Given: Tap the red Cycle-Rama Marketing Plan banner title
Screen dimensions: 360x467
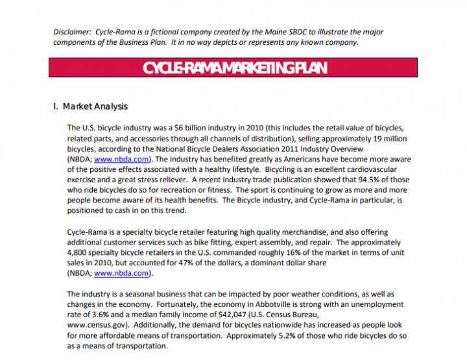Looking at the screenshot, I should click(234, 69).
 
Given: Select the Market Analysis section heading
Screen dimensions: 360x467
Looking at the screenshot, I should click(95, 106).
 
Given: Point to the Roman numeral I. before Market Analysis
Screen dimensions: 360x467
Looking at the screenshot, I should click(55, 106).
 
